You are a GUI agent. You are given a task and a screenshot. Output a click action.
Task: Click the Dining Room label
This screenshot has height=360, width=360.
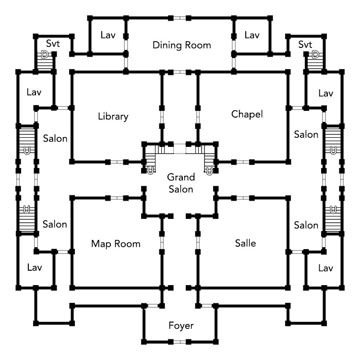[181, 46]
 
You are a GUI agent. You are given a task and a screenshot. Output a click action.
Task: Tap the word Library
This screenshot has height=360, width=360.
[113, 117]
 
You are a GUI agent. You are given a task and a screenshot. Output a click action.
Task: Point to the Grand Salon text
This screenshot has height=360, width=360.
[180, 183]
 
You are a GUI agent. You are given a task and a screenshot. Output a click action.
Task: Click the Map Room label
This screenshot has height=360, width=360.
[116, 244]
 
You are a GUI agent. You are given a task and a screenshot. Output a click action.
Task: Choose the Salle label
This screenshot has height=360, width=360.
[246, 244]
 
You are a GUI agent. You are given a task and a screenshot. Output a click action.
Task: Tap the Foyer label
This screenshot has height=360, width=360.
[181, 326]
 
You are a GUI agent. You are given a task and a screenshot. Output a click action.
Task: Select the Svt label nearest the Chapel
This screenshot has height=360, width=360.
[305, 44]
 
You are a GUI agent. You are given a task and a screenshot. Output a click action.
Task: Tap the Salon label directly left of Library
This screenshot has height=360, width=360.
[55, 138]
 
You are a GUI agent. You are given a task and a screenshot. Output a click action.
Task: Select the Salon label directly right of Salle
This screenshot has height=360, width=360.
[306, 225]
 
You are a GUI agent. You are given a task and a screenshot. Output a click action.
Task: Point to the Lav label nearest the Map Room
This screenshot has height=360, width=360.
[35, 267]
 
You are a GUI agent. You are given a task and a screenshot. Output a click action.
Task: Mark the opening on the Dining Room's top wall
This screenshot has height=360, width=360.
[180, 18]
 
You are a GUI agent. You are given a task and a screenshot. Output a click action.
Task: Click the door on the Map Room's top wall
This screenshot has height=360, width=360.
[117, 197]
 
